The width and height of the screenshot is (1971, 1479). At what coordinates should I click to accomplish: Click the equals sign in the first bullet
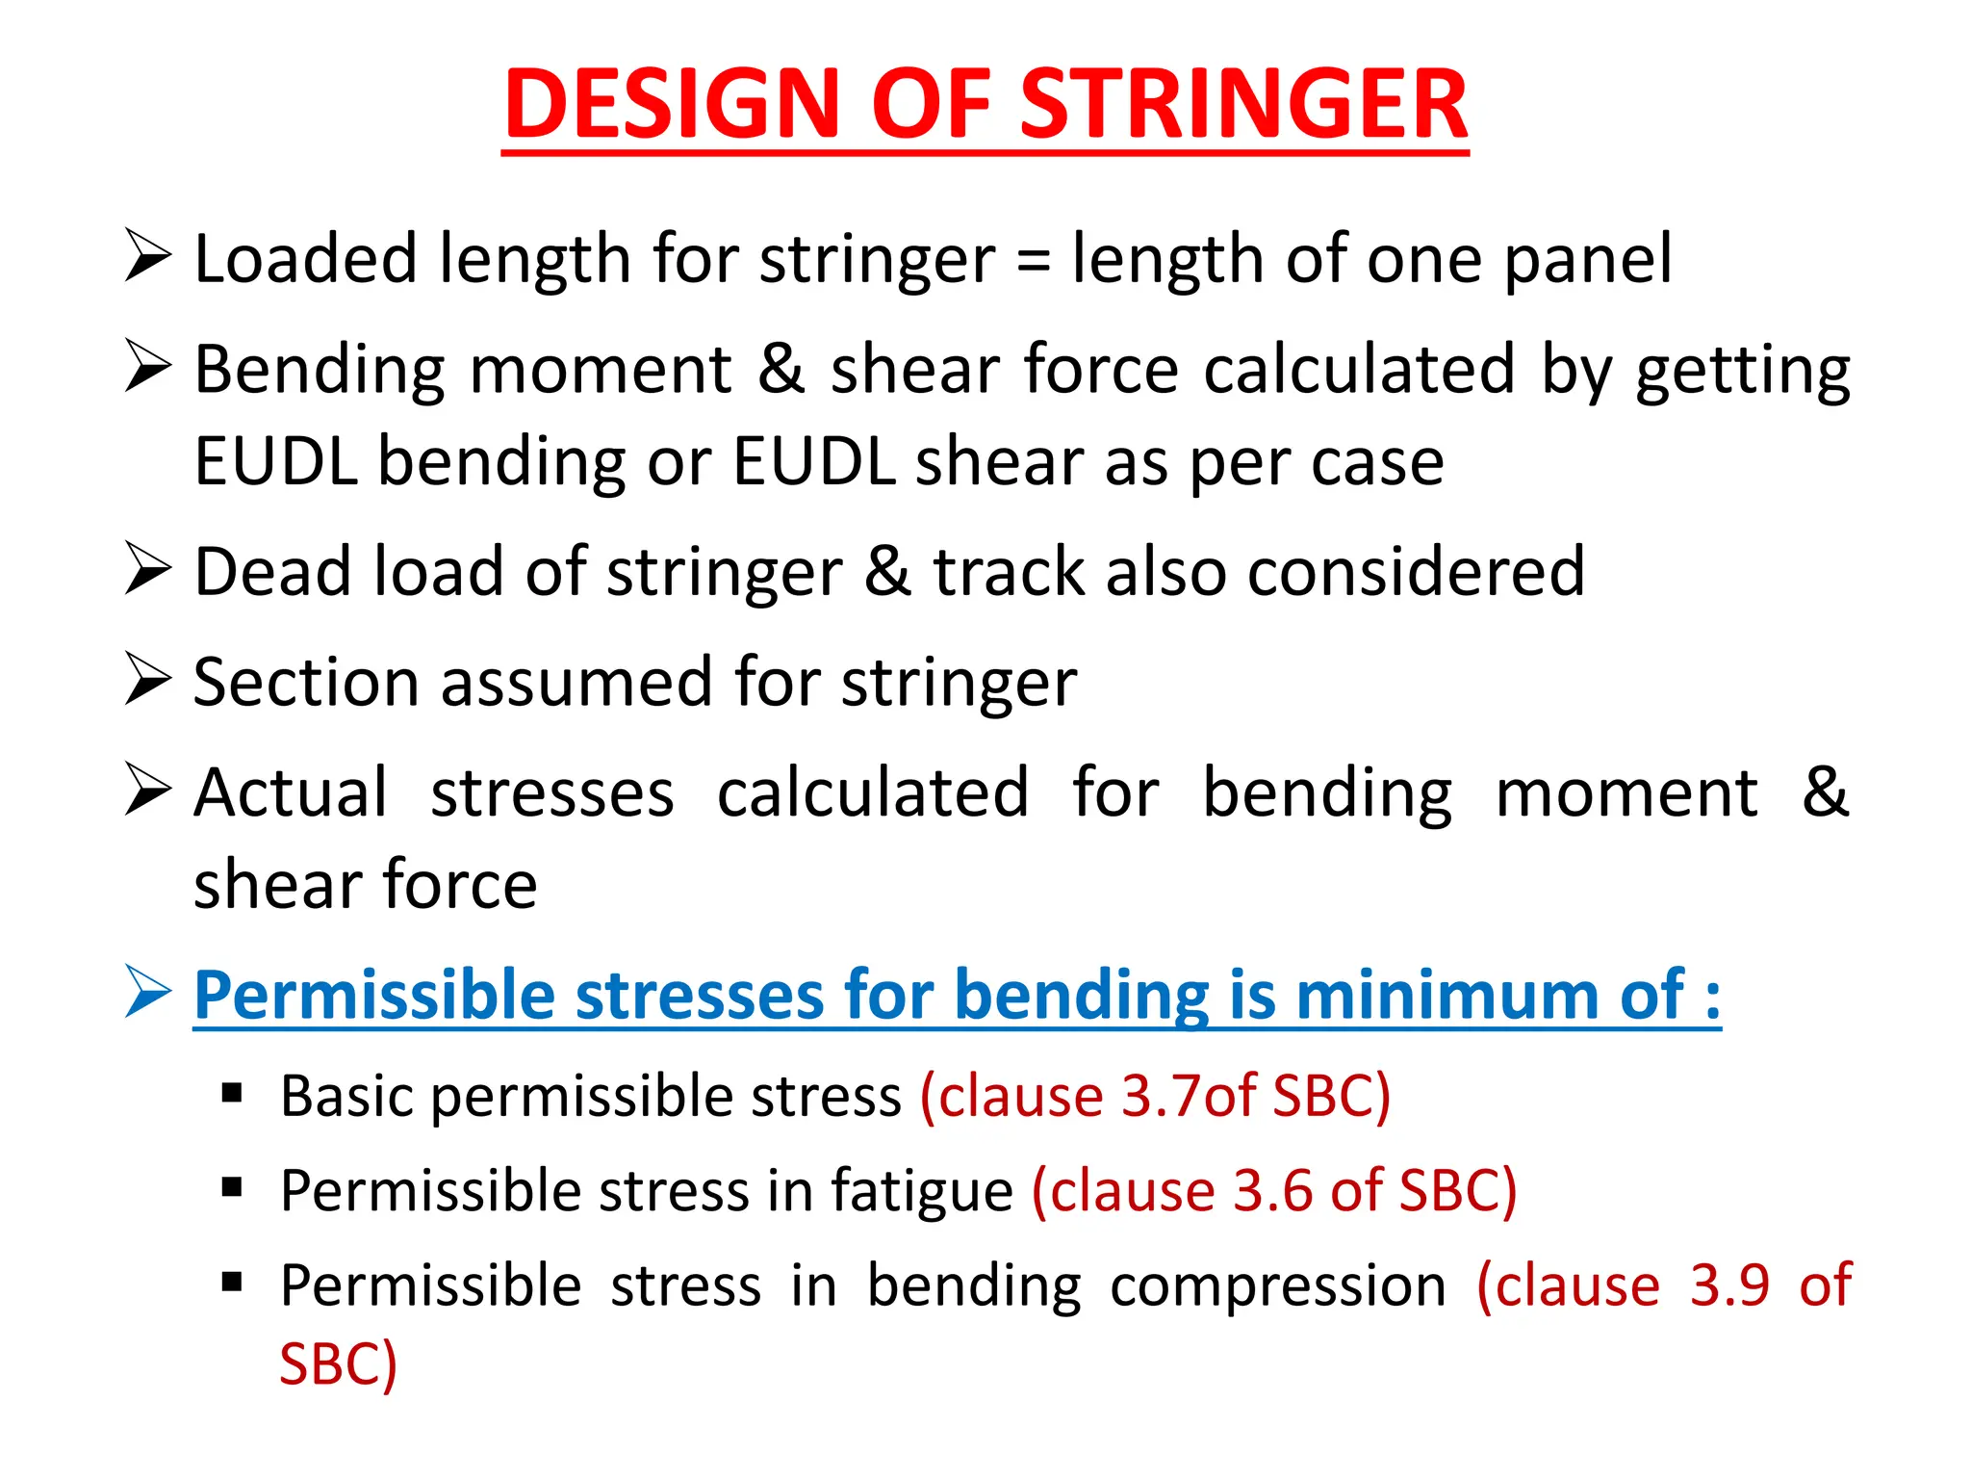click(1033, 261)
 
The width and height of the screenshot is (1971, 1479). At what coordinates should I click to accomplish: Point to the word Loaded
click(305, 260)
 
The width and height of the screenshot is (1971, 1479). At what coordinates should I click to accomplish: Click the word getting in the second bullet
click(1743, 372)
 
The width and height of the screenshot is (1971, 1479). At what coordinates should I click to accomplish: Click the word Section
click(306, 683)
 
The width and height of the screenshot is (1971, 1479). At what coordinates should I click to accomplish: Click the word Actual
click(291, 793)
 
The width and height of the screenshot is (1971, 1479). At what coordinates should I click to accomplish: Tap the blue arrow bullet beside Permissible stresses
click(148, 992)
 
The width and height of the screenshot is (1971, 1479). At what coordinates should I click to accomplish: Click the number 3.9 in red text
click(1729, 1285)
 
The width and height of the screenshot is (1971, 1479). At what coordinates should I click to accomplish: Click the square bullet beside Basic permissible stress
click(231, 1094)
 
